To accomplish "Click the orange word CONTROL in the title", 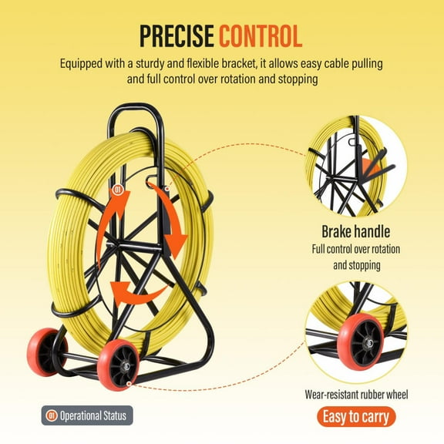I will (259, 35).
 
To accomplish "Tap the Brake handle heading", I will (355, 230).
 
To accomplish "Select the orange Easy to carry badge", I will (355, 417).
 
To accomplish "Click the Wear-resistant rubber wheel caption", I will (355, 395).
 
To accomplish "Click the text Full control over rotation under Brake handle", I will (355, 249).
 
